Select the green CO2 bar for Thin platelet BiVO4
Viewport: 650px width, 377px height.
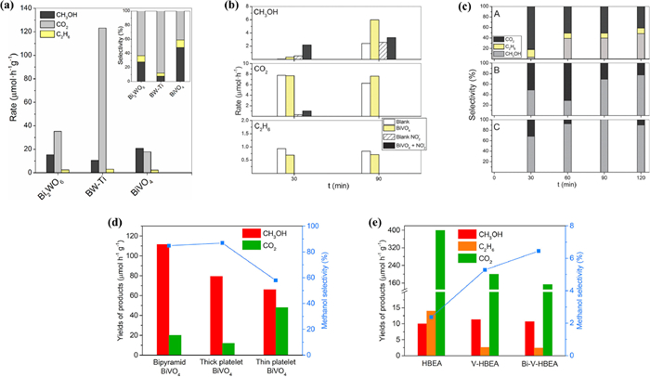coord(280,331)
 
